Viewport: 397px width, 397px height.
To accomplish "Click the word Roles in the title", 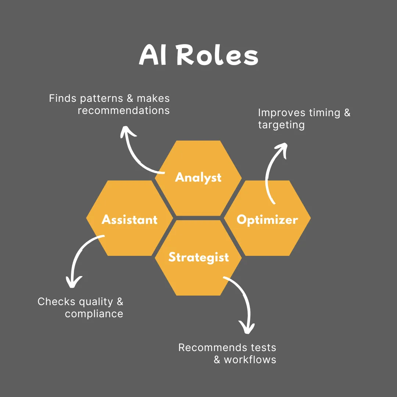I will click(x=217, y=56).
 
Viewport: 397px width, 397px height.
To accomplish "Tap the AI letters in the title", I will click(x=154, y=56).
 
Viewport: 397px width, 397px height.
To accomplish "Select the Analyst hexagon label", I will click(x=198, y=178).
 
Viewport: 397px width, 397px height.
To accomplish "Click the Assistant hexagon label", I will click(x=129, y=220).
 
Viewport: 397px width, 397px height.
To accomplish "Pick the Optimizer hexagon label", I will click(x=267, y=220).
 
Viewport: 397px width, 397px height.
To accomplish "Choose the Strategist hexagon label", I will click(x=198, y=257).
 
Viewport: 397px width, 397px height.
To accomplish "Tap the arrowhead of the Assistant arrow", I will click(x=73, y=282).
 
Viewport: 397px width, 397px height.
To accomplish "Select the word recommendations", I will click(x=124, y=110).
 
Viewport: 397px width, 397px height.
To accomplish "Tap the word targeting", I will click(x=281, y=125).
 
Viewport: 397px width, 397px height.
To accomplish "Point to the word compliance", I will click(x=94, y=314).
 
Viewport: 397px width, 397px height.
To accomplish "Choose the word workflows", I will click(x=250, y=360).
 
